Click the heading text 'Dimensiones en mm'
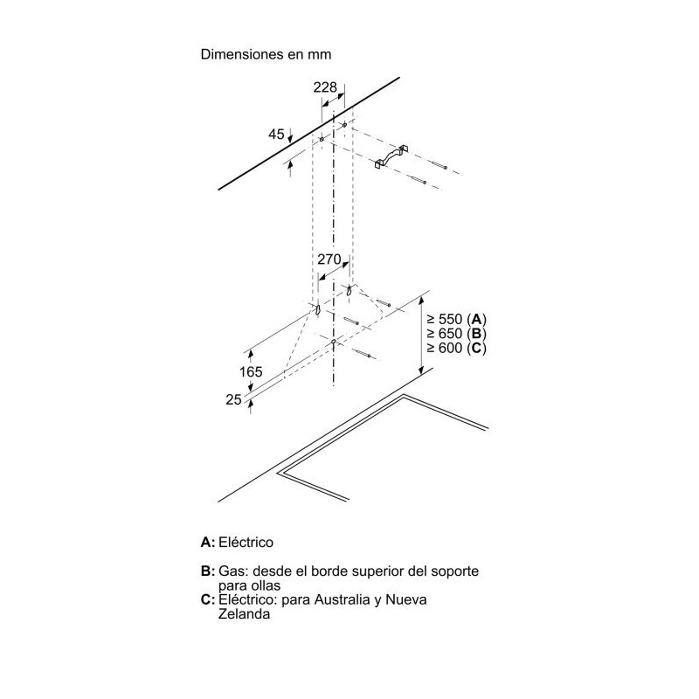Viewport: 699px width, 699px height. [x=266, y=54]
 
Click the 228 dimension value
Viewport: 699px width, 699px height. [x=325, y=87]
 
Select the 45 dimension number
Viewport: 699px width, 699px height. [x=276, y=135]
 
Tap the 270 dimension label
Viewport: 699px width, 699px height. [x=329, y=259]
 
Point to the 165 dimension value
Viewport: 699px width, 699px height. [x=251, y=371]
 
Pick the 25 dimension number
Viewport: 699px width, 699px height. [x=233, y=399]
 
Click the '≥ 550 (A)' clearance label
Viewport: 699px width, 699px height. [x=456, y=319]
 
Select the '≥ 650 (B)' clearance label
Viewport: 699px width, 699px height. [x=456, y=334]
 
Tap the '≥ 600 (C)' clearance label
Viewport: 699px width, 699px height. [x=456, y=348]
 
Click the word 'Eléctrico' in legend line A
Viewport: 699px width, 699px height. [x=246, y=543]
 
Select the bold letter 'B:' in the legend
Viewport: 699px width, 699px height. [x=208, y=571]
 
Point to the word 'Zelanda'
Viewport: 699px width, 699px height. [x=245, y=614]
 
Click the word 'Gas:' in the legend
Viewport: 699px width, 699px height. [x=232, y=571]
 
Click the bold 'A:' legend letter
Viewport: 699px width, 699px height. [x=208, y=543]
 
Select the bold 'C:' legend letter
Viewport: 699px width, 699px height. [x=208, y=599]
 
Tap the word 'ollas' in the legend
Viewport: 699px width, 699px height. [x=265, y=585]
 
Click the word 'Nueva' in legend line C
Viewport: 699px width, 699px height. [x=406, y=599]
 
